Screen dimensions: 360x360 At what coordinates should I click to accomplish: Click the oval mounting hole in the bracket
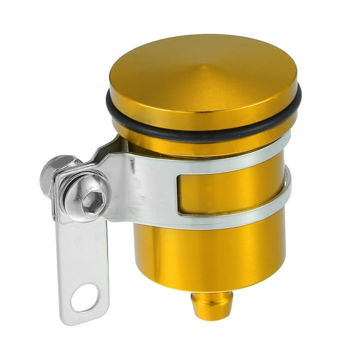click(x=84, y=297)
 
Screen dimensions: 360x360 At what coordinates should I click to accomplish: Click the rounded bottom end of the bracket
click(x=84, y=316)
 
